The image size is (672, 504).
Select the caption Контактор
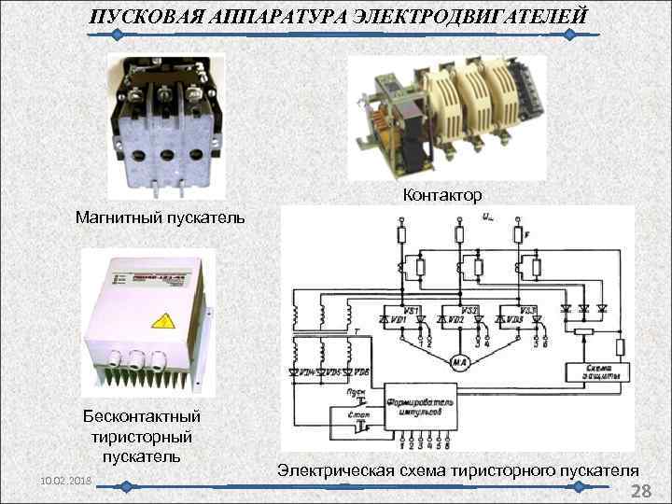coord(442,195)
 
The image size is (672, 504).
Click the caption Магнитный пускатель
coord(161,218)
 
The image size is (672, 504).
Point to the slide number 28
coord(641,492)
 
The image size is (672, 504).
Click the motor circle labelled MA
coord(459,361)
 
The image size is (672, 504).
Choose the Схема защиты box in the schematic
coord(598,371)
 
